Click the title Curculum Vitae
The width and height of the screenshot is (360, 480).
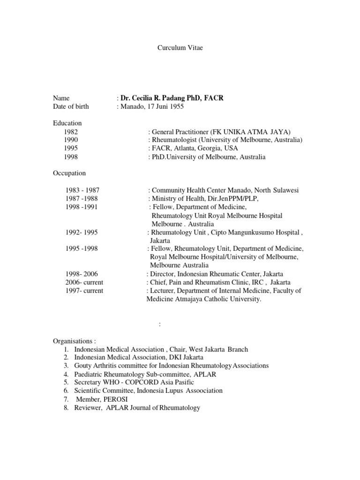pos(180,49)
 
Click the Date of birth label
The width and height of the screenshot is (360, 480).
pos(71,106)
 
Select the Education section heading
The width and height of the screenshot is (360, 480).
pos(67,123)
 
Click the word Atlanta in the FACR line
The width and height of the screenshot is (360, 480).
pos(185,149)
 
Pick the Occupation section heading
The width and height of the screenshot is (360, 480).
pos(69,173)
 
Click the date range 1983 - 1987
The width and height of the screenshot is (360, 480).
pos(82,190)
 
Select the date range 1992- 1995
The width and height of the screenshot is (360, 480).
pos(82,232)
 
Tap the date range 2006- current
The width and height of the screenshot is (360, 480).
pos(84,282)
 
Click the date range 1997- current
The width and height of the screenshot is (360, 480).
pos(84,291)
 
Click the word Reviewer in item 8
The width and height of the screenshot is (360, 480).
pos(88,408)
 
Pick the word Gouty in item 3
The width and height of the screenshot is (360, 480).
pos(83,366)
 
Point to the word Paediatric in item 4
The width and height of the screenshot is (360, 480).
pos(89,374)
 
